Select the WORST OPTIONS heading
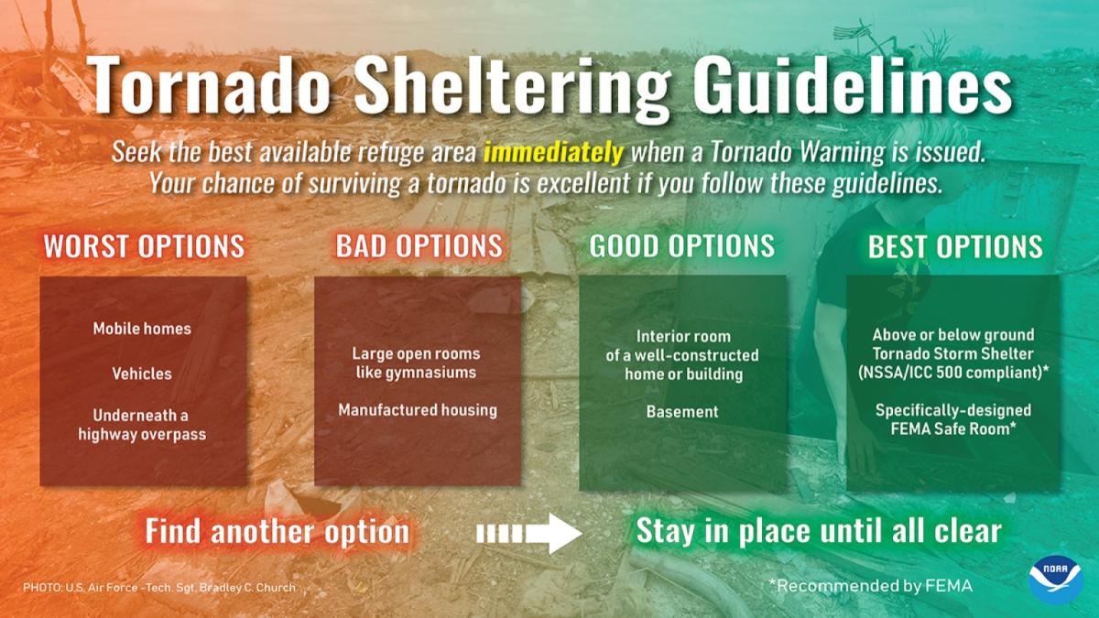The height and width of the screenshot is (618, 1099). tap(144, 246)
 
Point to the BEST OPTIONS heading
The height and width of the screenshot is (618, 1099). tap(954, 246)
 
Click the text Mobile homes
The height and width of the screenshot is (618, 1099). tap(142, 328)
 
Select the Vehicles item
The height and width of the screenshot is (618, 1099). tap(142, 374)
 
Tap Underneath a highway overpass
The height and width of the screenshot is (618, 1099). tap(142, 425)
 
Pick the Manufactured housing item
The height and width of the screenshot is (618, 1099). tap(418, 410)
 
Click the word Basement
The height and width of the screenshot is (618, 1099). tap(682, 412)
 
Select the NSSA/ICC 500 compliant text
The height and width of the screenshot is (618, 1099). tap(953, 373)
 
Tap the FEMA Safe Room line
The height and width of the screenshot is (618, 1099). tap(953, 428)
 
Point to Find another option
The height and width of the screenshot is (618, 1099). tap(277, 532)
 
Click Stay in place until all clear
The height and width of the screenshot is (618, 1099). tap(818, 531)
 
